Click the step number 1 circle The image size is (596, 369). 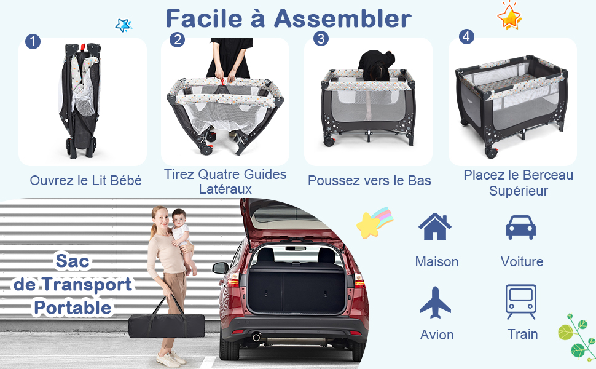pyautogui.click(x=33, y=41)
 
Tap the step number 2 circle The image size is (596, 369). pyautogui.click(x=177, y=39)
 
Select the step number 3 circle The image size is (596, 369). pyautogui.click(x=321, y=38)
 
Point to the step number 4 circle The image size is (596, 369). pyautogui.click(x=466, y=36)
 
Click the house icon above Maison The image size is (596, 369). pyautogui.click(x=435, y=227)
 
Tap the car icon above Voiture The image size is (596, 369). pyautogui.click(x=520, y=228)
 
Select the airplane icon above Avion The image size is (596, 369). pyautogui.click(x=435, y=303)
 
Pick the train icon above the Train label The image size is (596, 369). pyautogui.click(x=521, y=302)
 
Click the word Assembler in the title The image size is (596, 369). pyautogui.click(x=343, y=18)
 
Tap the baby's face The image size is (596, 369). pyautogui.click(x=178, y=218)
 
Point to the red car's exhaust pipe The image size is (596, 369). pyautogui.click(x=256, y=337)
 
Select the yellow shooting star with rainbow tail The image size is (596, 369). pyautogui.click(x=375, y=223)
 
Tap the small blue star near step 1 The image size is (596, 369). pyautogui.click(x=124, y=25)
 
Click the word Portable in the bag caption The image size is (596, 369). pyautogui.click(x=73, y=307)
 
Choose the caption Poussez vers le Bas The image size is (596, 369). pyautogui.click(x=369, y=180)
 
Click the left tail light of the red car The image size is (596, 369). pyautogui.click(x=233, y=280)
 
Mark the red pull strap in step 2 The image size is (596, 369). pyautogui.click(x=223, y=82)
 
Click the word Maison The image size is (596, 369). pyautogui.click(x=437, y=262)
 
